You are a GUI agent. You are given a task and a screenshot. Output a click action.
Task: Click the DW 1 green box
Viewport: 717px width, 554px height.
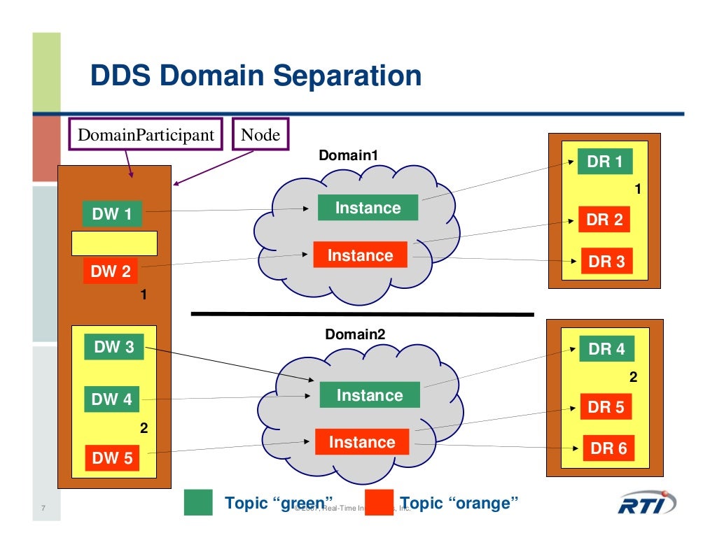coord(112,214)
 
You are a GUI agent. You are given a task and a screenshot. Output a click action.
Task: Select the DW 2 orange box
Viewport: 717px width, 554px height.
coord(111,271)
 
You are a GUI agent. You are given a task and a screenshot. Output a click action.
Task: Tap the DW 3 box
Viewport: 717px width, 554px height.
coord(113,347)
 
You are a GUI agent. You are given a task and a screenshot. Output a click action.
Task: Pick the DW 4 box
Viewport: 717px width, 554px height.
coord(112,399)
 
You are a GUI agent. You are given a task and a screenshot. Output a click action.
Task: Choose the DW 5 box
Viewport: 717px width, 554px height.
coord(112,458)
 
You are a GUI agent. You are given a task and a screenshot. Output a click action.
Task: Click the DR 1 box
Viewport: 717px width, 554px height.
coord(604,162)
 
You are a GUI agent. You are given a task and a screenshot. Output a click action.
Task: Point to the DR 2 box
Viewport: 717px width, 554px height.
coord(604,220)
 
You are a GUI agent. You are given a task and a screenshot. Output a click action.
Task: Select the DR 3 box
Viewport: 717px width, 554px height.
coord(606,262)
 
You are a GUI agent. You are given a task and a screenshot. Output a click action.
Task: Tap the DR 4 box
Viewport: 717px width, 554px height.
coord(606,349)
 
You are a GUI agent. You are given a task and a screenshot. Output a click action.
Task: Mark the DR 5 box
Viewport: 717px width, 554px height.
coord(606,406)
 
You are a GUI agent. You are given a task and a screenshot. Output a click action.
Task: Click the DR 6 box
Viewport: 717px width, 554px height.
coord(608,448)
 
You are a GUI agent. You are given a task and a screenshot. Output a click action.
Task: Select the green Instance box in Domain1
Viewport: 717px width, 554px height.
coord(368,208)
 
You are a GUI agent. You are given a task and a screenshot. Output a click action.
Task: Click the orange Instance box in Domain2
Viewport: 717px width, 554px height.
coord(362,442)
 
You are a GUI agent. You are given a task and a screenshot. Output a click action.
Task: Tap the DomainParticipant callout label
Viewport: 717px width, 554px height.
coord(146,134)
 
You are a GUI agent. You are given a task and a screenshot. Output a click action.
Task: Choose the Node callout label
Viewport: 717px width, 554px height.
coord(260,134)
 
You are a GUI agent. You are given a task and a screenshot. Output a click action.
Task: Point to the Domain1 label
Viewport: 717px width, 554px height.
coord(348,155)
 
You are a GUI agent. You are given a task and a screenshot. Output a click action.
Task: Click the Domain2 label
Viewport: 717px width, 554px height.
coord(355,335)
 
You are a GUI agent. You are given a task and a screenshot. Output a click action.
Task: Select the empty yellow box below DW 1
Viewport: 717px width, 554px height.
coord(114,243)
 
